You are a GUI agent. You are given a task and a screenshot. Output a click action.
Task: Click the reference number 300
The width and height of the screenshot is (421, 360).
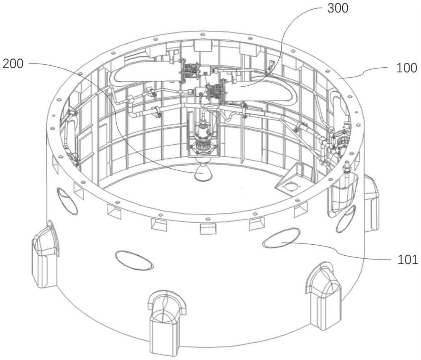[338, 8]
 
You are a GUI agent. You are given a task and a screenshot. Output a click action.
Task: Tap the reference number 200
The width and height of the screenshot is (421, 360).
[13, 64]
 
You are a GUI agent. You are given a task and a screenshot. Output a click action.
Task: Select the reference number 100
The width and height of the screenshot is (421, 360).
[407, 68]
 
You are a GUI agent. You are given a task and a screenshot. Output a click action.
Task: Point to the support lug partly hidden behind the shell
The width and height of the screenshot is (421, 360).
[371, 204]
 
